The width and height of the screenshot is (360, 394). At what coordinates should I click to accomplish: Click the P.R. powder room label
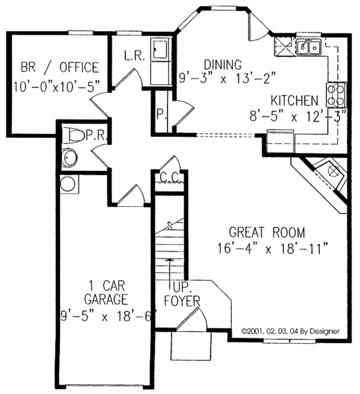click(x=97, y=136)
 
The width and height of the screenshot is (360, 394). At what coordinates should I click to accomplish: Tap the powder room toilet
click(x=74, y=136)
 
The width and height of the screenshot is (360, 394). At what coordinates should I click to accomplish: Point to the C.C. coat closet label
click(x=171, y=178)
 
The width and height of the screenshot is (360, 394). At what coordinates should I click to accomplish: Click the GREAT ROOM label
click(x=267, y=232)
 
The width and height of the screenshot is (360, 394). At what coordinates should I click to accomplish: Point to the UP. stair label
click(x=179, y=285)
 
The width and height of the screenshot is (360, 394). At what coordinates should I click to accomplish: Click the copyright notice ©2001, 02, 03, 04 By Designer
click(x=290, y=330)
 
